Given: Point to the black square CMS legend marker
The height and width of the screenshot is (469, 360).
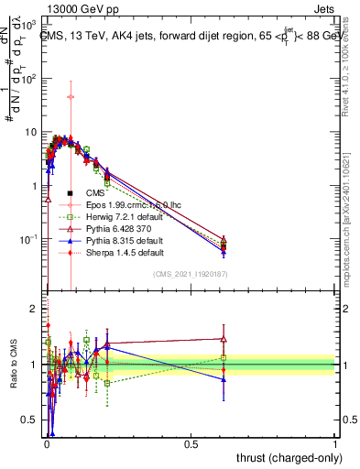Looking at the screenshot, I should pos(71,194).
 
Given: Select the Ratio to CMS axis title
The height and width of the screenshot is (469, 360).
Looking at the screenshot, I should pos(12,365).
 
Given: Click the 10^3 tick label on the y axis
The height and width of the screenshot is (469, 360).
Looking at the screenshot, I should pos(27,24).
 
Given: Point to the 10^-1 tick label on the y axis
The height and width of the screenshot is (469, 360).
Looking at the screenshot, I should pos(27,239).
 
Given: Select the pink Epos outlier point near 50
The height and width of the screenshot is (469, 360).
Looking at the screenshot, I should pos(71,96).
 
